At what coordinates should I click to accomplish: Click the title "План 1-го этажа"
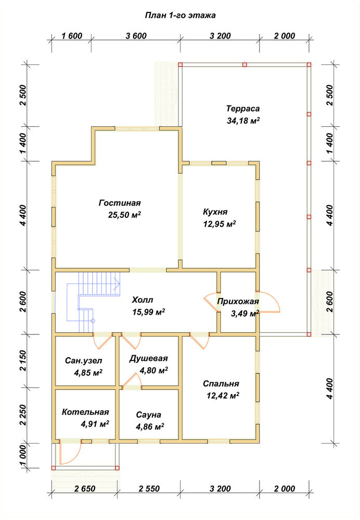180,15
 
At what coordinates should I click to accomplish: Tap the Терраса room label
243,109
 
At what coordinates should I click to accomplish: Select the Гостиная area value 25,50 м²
124,215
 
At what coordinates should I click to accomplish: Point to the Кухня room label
215,212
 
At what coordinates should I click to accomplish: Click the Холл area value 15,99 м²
149,312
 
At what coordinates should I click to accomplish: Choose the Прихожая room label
238,302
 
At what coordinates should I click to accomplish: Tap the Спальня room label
221,384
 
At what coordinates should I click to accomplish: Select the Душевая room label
149,358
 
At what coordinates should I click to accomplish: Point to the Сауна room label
149,415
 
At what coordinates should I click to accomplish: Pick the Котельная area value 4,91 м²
95,424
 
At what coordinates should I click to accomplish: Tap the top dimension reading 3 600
136,36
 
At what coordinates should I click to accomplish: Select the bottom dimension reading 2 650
85,489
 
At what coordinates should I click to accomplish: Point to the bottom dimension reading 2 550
149,489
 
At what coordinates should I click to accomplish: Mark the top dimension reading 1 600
72,36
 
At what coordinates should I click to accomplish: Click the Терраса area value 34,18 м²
243,121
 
